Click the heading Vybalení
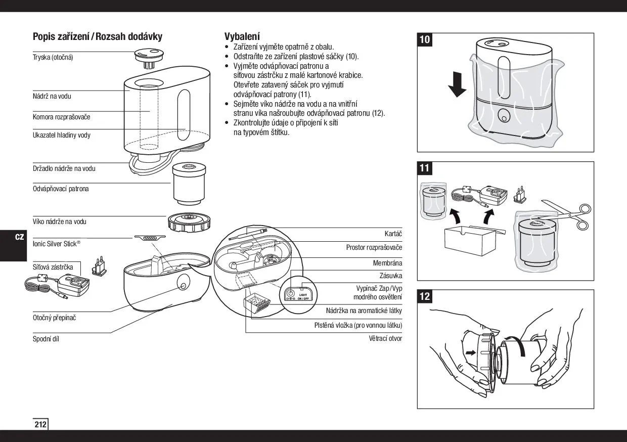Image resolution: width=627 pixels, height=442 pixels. [x=242, y=36]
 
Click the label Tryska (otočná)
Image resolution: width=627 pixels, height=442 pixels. [x=53, y=57]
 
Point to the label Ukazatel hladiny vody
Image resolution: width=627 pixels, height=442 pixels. [x=62, y=135]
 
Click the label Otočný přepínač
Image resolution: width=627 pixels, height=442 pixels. [x=55, y=318]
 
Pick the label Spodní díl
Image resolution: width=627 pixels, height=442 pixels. [x=46, y=339]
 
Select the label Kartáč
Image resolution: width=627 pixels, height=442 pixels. [x=393, y=234]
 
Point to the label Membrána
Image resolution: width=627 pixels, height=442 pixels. [x=387, y=263]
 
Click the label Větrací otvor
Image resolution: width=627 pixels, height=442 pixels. [x=385, y=338]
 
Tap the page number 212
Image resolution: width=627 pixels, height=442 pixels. [x=40, y=424]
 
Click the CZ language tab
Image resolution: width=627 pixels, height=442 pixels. [x=19, y=237]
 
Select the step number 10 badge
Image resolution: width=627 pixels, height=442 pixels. [x=425, y=40]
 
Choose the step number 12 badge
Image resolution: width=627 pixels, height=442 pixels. [x=425, y=296]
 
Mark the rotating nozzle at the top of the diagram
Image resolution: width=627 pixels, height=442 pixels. [x=149, y=55]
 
